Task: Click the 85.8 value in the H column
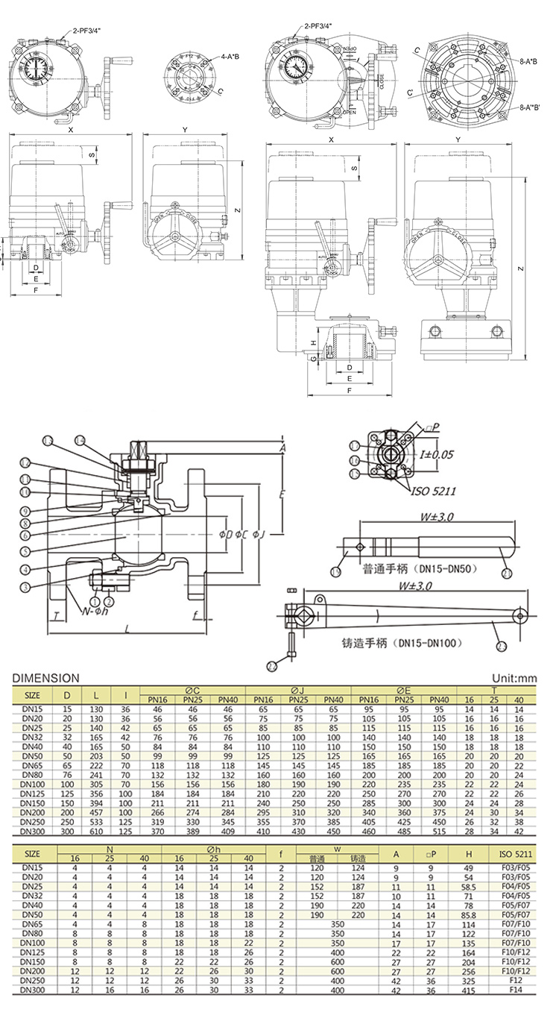click(x=468, y=913)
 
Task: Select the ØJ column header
click(x=297, y=691)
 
